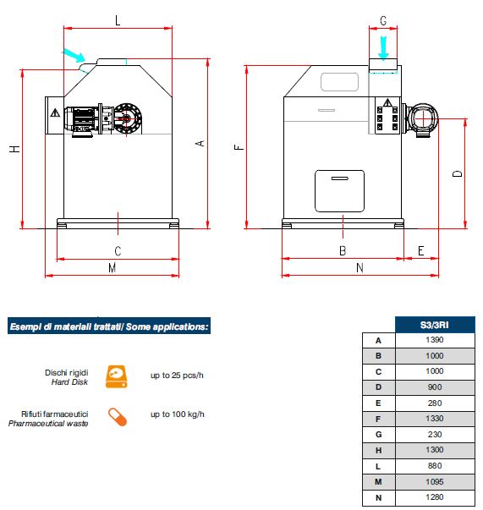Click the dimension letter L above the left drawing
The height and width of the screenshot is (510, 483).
[118, 20]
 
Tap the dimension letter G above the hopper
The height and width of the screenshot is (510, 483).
[383, 21]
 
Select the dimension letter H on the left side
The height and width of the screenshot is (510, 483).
[14, 149]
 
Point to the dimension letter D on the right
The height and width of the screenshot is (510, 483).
[458, 173]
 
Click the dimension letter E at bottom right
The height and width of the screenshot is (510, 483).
[420, 251]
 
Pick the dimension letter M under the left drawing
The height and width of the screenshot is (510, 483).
[113, 267]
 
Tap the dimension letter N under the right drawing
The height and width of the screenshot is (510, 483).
[360, 267]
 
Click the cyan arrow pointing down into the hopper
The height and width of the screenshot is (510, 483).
[383, 48]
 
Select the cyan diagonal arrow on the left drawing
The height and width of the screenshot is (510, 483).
[74, 55]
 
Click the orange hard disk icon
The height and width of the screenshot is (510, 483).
[116, 376]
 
